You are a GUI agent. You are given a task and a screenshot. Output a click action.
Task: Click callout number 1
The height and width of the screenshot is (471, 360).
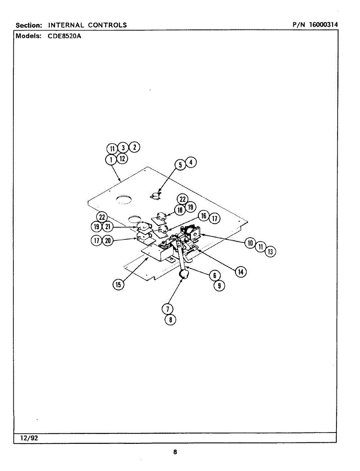pyautogui.click(x=111, y=159)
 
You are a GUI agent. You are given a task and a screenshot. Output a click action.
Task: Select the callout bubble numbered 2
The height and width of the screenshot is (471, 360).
pyautogui.click(x=135, y=147)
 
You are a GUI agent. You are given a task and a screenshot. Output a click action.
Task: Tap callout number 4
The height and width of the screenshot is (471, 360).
pyautogui.click(x=191, y=162)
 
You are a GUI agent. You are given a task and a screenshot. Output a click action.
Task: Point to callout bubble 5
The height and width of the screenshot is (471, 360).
pyautogui.click(x=180, y=165)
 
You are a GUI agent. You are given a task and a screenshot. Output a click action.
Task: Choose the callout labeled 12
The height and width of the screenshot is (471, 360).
pyautogui.click(x=122, y=159)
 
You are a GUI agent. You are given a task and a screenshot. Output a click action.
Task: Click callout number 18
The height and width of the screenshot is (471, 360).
pyautogui.click(x=180, y=210)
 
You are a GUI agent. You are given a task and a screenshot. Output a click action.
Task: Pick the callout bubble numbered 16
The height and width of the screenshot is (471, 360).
pyautogui.click(x=203, y=216)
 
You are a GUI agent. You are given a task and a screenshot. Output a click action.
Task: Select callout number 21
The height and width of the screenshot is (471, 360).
pyautogui.click(x=108, y=226)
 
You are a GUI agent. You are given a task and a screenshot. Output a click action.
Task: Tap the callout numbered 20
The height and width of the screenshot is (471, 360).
pyautogui.click(x=108, y=241)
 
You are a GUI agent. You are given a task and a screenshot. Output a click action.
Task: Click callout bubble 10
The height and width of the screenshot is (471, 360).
pyautogui.click(x=250, y=243)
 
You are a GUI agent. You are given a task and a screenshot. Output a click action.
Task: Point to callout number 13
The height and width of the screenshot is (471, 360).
pyautogui.click(x=270, y=252)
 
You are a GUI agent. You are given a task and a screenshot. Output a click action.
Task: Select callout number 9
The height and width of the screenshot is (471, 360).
pyautogui.click(x=219, y=286)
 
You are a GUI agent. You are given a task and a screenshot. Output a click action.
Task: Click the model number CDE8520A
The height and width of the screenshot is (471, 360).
pyautogui.click(x=65, y=36)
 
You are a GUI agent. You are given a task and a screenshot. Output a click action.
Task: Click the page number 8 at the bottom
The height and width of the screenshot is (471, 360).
pyautogui.click(x=175, y=452)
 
